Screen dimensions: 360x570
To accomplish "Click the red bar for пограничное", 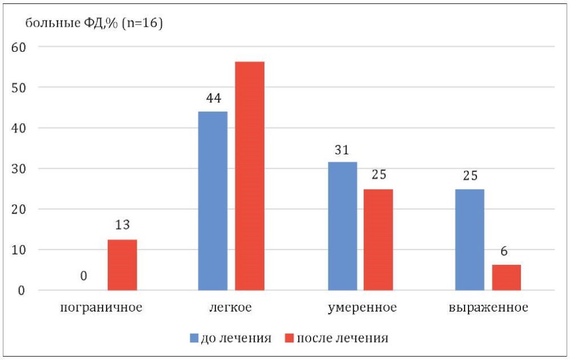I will [122, 265].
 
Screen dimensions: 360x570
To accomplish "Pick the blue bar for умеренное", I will [343, 226].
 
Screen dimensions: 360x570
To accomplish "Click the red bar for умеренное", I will [378, 240].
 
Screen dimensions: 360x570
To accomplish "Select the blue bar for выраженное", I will [470, 240].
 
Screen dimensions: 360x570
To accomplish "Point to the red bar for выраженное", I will [506, 277].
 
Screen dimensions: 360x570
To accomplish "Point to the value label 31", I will [342, 150].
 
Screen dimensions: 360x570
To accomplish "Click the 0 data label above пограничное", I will [84, 276].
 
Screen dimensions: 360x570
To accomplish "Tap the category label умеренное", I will [362, 308].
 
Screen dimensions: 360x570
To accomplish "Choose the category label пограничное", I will [100, 308].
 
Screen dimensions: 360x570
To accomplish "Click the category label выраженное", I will [488, 308].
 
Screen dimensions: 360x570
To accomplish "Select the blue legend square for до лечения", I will [193, 338].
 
